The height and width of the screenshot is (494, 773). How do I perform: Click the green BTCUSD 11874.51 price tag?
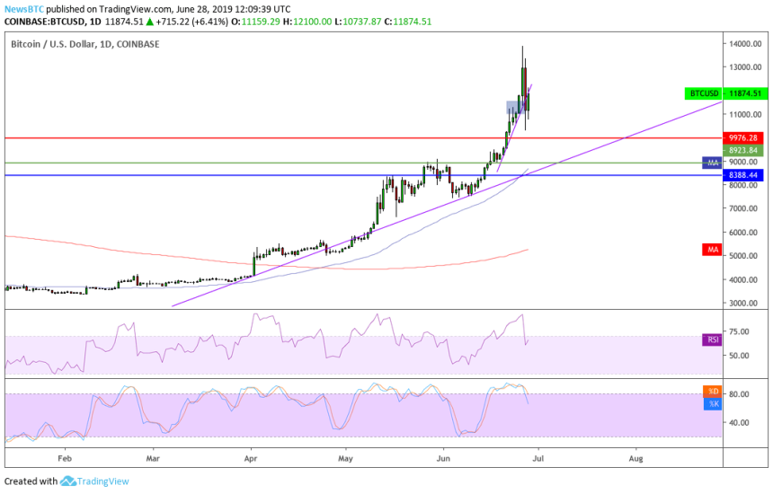(724, 93)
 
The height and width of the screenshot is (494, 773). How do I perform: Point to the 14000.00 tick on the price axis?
(746, 43)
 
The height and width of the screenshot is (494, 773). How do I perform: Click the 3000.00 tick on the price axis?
(744, 303)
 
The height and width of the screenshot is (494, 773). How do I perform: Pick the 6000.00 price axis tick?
(744, 232)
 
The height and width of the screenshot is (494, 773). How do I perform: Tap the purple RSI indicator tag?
(711, 340)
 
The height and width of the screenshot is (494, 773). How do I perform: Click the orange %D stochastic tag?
(712, 392)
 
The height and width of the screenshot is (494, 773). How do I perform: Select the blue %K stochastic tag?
(712, 404)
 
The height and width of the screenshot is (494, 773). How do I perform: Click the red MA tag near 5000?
(711, 249)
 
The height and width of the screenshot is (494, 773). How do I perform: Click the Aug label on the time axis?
(635, 456)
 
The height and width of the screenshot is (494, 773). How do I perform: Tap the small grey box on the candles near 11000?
(512, 107)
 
